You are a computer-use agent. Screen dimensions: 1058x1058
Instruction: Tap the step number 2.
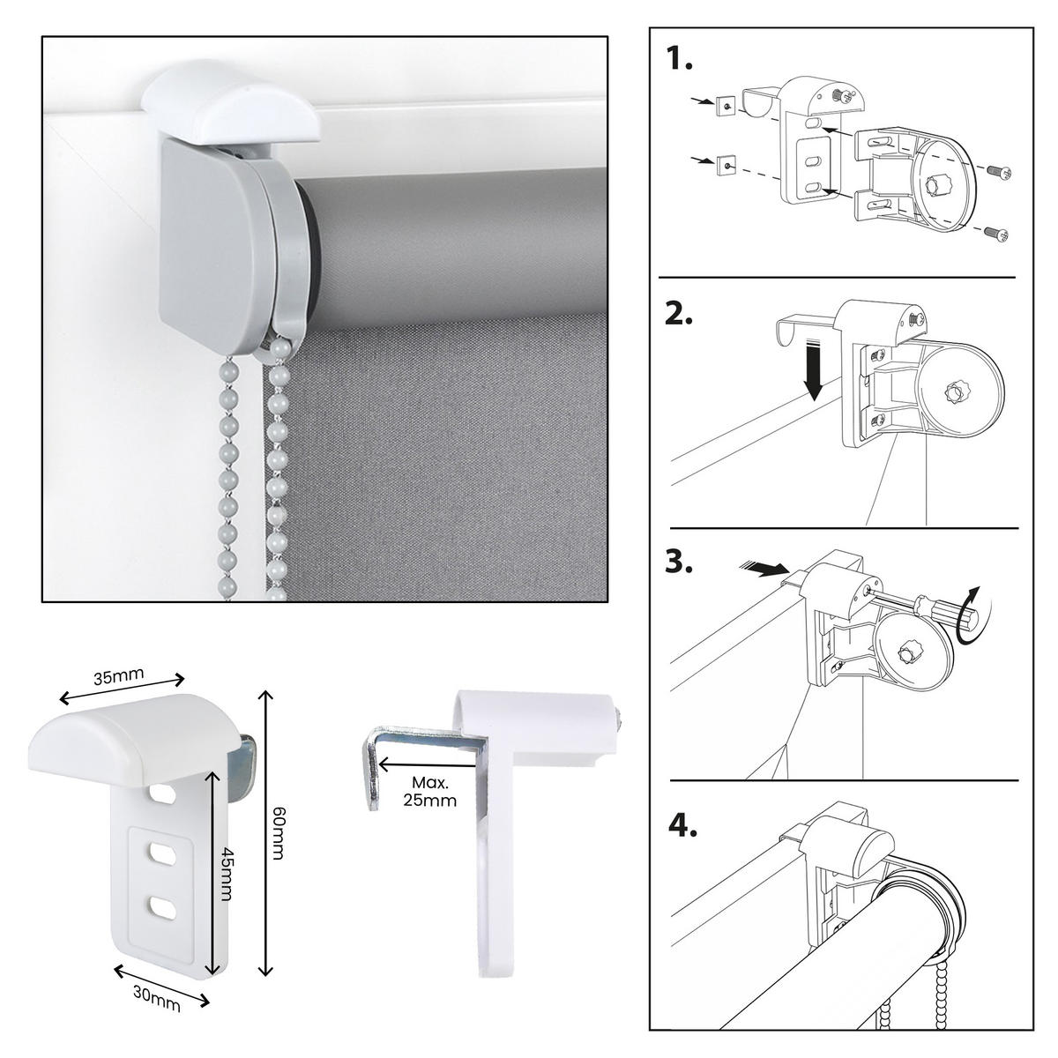[x=679, y=316]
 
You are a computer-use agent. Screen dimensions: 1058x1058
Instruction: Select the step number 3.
[x=680, y=562]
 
